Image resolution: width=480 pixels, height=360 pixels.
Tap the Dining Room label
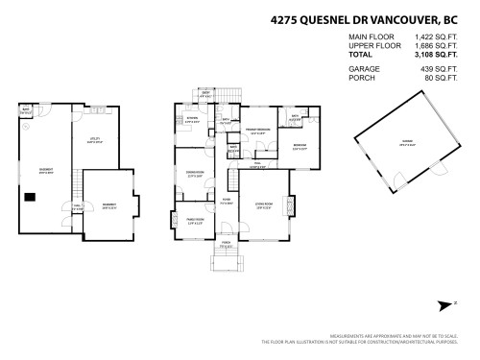click(x=193, y=174)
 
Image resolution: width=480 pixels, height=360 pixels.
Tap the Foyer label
click(x=227, y=203)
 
